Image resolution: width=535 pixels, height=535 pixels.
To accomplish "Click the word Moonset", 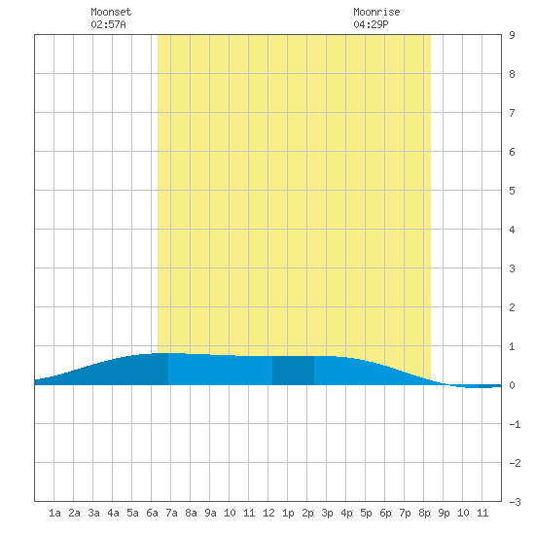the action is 111,12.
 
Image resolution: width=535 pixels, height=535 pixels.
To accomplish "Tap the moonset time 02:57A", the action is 108,24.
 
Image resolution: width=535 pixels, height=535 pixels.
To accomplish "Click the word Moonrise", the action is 376,12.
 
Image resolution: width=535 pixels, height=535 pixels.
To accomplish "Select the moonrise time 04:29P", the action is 371,24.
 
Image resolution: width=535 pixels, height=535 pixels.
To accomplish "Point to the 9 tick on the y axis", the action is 512,35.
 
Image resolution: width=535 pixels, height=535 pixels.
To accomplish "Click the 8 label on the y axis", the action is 512,74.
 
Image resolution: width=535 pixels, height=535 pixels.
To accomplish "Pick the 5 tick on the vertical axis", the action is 512,191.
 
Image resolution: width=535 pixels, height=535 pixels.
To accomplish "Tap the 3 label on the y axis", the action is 512,268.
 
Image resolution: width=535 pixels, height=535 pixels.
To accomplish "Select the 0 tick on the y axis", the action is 512,385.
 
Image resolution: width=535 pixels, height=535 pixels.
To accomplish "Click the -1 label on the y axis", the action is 515,424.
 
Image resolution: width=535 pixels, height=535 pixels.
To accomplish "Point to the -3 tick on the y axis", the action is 515,502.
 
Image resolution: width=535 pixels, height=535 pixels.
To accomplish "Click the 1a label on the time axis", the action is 54,513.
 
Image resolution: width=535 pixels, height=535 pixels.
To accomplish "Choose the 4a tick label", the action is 113,513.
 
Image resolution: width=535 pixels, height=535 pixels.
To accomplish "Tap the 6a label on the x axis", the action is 152,513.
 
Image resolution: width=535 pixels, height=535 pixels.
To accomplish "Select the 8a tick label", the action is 191,513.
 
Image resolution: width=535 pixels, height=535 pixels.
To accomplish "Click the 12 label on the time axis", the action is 268,513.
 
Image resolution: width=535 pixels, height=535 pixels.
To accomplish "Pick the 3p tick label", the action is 327,513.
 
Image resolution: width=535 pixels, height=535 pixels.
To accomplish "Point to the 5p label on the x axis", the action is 366,513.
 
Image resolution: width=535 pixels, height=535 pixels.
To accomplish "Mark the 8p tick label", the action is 424,513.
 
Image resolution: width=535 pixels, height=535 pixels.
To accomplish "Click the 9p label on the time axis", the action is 444,513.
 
